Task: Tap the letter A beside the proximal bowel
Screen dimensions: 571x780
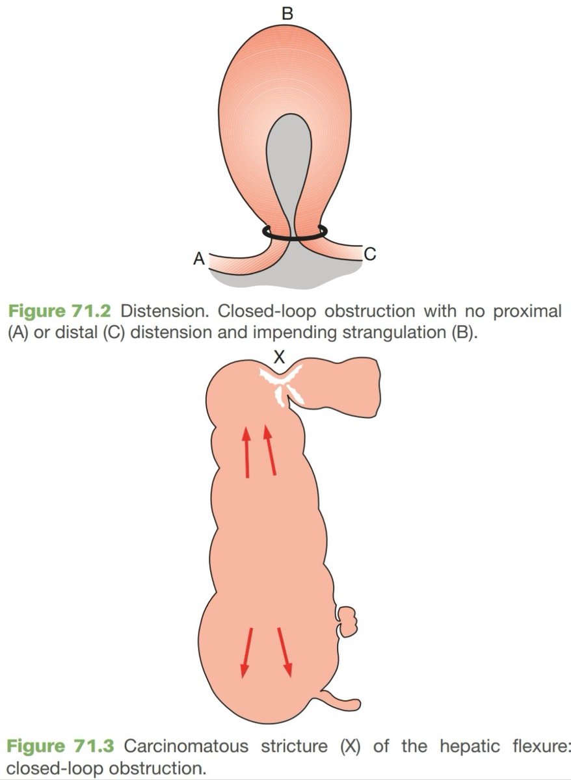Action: (199, 259)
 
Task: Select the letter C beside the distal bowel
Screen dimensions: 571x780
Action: (369, 254)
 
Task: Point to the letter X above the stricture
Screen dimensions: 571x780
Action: (279, 357)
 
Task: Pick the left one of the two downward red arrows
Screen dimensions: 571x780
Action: (246, 653)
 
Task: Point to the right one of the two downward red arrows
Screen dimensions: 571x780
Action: (284, 652)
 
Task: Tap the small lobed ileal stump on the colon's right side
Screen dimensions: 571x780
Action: (347, 621)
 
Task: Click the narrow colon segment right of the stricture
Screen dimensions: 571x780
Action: (345, 387)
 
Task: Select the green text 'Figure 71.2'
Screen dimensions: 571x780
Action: (60, 311)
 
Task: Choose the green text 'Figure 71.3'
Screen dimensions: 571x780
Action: (60, 746)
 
